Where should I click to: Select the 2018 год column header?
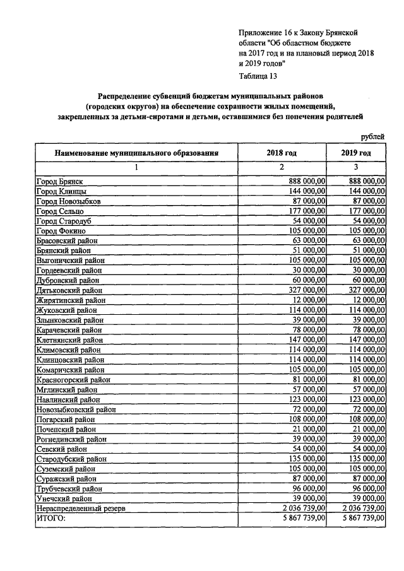282,153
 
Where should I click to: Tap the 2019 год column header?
356,153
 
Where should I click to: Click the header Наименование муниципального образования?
136,153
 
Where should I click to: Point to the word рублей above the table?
372,137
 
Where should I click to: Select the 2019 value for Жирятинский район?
365,300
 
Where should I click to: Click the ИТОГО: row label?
52,517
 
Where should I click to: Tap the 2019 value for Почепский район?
367,428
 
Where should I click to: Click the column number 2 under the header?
282,167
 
